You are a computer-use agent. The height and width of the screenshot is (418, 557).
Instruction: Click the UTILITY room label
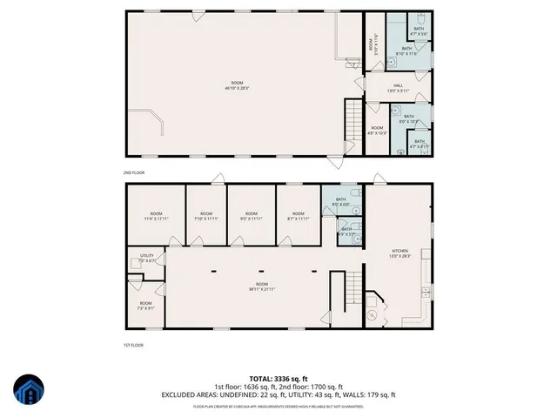click(146, 258)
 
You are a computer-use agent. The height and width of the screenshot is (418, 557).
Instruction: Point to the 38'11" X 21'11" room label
click(261, 287)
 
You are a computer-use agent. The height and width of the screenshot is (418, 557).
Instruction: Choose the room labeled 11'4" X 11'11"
click(157, 217)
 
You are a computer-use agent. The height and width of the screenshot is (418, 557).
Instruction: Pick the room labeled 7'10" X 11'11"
click(206, 217)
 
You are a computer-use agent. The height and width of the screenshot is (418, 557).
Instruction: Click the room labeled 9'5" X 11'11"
click(251, 217)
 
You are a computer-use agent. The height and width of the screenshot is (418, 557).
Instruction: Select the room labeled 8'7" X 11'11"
click(298, 217)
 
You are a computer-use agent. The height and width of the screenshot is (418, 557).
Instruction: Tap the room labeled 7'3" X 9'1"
click(144, 306)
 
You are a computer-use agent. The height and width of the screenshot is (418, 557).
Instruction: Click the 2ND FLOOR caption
click(133, 173)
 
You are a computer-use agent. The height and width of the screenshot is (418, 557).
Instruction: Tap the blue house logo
click(27, 391)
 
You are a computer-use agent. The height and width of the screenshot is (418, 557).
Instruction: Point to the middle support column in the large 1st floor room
click(260, 271)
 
